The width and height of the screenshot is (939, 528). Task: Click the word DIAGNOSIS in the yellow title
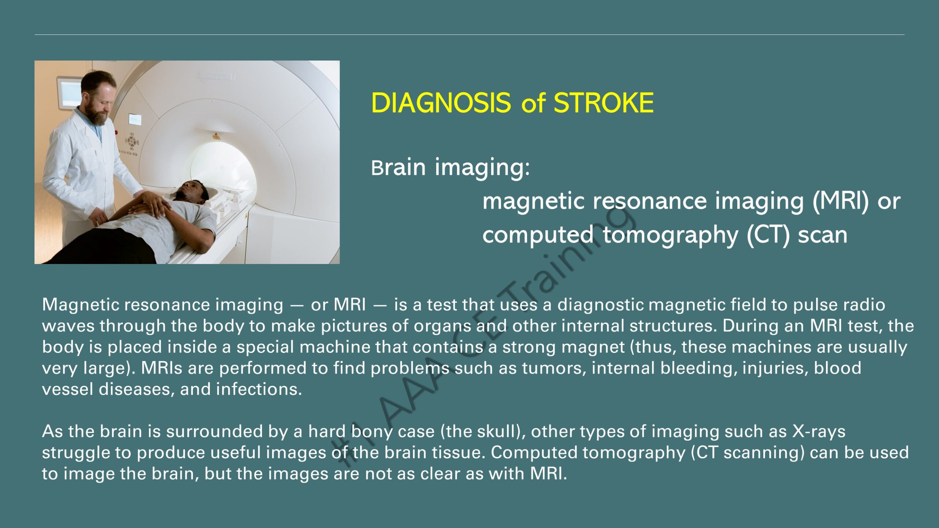point(441,103)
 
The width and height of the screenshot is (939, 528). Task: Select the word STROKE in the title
point(603,103)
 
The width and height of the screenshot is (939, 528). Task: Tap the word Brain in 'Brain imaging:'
point(398,168)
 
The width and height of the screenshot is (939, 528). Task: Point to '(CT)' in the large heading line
point(768,235)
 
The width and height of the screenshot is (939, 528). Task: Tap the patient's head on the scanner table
point(192,191)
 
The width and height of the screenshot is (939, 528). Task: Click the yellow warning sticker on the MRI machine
point(216,136)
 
